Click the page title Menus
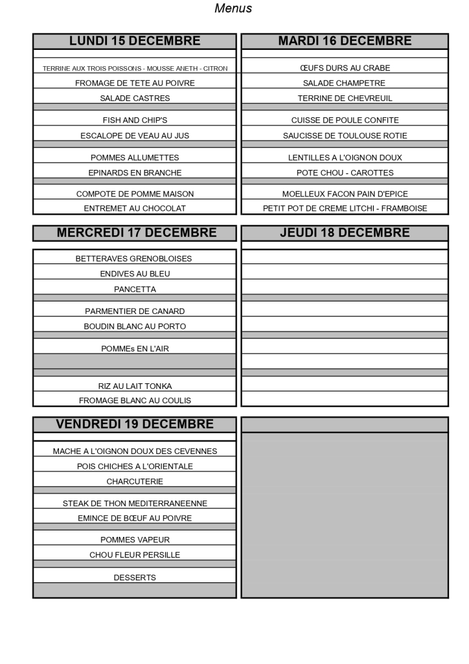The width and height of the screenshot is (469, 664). [233, 8]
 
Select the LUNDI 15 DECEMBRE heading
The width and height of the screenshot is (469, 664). [135, 41]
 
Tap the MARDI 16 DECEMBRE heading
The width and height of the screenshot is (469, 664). [345, 41]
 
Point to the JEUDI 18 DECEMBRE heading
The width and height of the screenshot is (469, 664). [345, 233]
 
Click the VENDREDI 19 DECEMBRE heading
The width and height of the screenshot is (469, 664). [135, 424]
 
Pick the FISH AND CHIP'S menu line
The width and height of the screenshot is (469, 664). [135, 120]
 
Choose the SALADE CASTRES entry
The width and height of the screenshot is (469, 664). [135, 99]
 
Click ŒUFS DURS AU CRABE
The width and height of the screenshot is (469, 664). [345, 67]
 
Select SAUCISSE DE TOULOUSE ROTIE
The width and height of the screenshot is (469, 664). [345, 136]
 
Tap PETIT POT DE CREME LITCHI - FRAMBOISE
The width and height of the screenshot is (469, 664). [345, 208]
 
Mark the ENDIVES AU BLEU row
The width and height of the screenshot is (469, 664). [135, 274]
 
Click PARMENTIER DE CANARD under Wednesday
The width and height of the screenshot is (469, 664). [135, 311]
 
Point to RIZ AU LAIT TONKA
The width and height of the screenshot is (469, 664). [135, 386]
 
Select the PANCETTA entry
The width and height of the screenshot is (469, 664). [135, 289]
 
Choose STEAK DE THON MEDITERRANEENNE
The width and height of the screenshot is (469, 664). [135, 503]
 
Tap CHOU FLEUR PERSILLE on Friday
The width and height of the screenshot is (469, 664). [135, 554]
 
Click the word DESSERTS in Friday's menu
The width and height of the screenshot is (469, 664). [135, 577]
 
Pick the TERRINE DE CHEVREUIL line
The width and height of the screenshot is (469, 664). [345, 99]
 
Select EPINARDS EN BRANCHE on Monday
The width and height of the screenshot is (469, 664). [135, 172]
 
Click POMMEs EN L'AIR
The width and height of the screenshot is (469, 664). [135, 348]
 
